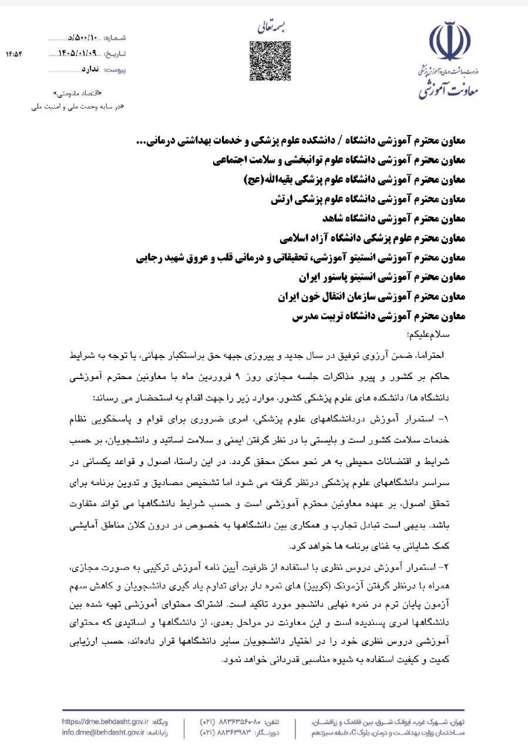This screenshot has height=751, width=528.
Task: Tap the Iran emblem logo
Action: pyautogui.click(x=450, y=42)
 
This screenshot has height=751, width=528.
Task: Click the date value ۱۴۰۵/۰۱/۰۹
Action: pyautogui.click(x=80, y=53)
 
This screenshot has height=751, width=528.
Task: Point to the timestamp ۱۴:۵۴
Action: pyautogui.click(x=14, y=54)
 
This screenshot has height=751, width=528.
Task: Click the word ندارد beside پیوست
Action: pyautogui.click(x=89, y=69)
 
